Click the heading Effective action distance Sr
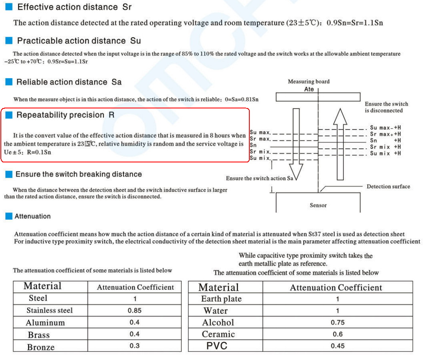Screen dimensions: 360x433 (74, 7)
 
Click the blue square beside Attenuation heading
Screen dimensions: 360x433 (9, 216)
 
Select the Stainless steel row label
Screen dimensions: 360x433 (49, 311)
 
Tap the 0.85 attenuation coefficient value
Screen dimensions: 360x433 (134, 311)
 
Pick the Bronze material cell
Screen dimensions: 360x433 (41, 347)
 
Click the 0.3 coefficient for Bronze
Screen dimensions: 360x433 (134, 346)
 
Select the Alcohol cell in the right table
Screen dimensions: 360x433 (218, 323)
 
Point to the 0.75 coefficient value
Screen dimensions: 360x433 (337, 322)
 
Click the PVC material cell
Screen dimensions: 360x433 (216, 346)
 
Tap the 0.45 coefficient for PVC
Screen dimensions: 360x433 (337, 346)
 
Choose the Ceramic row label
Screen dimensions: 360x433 (218, 334)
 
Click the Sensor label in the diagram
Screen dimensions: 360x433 (318, 205)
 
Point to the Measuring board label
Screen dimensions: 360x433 (308, 82)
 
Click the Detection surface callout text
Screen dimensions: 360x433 (388, 186)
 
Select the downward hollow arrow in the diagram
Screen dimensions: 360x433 (296, 142)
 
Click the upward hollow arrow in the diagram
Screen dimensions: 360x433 (340, 142)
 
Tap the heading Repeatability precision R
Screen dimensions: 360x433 (65, 115)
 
